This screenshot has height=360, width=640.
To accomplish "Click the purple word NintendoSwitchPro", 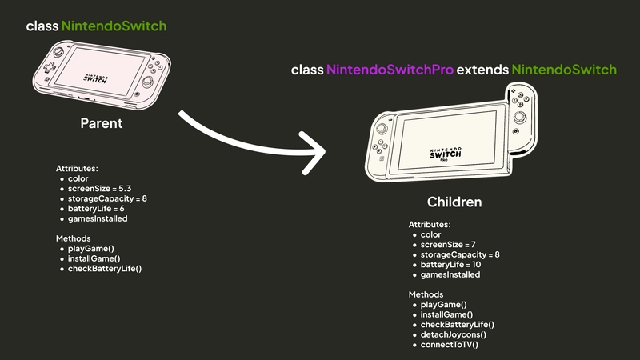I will pyautogui.click(x=390, y=70).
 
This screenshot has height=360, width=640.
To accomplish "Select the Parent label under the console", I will pyautogui.click(x=101, y=124).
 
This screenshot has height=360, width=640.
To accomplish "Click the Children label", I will pyautogui.click(x=454, y=202).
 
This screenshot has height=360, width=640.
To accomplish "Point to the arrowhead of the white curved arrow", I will pyautogui.click(x=320, y=150).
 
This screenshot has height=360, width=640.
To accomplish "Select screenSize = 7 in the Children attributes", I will pyautogui.click(x=449, y=244).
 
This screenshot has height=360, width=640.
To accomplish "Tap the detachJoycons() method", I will pyautogui.click(x=454, y=334).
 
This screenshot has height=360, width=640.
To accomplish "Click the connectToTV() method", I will pyautogui.click(x=450, y=344).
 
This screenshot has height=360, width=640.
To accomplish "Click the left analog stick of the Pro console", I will pyautogui.click(x=382, y=130).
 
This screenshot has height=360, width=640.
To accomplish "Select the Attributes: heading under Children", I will pyautogui.click(x=430, y=225).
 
